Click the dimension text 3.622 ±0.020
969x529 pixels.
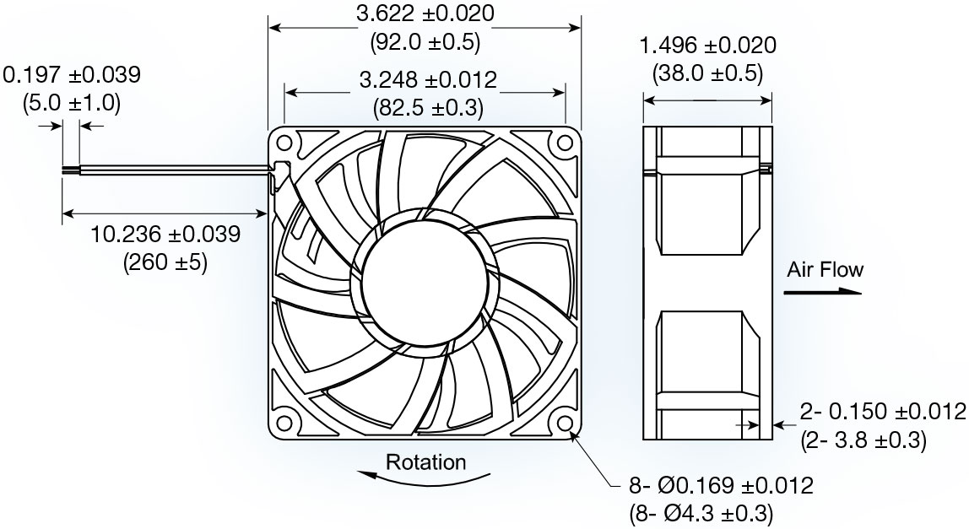[425, 14]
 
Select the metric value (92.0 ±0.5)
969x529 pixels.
[425, 41]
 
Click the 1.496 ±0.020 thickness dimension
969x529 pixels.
[707, 46]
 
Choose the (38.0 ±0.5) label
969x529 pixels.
[707, 73]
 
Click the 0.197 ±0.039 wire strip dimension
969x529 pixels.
[73, 75]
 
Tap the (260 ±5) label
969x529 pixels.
[165, 262]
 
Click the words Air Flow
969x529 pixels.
[825, 270]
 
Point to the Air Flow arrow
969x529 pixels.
[821, 293]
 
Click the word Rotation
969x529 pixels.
[425, 462]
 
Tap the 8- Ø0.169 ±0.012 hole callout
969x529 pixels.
[721, 486]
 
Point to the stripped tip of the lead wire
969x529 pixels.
[71, 170]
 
